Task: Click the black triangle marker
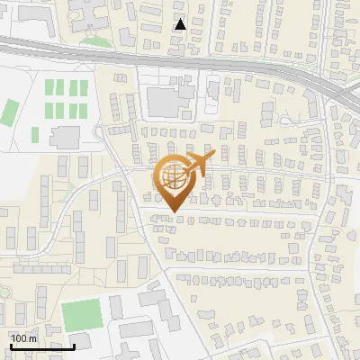(x=181, y=24)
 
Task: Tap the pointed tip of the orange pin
(x=173, y=211)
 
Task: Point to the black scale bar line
(x=41, y=346)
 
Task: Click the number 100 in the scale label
(x=20, y=338)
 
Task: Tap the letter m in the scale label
(x=33, y=338)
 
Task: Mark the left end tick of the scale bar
(x=10, y=345)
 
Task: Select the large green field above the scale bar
(x=82, y=314)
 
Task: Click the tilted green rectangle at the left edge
(x=9, y=112)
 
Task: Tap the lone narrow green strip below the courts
(x=35, y=134)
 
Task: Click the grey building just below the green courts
(x=65, y=138)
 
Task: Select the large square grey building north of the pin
(x=165, y=102)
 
